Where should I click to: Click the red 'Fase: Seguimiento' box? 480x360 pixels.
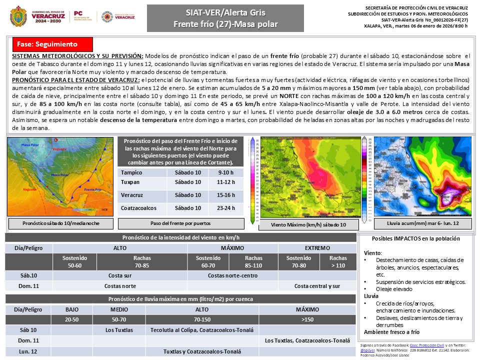click(x=51, y=44)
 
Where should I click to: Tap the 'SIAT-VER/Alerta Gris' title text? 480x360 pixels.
click(x=225, y=12)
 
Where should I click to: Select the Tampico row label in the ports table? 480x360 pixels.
click(x=132, y=172)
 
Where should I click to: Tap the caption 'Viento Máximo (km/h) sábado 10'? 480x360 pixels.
click(x=308, y=225)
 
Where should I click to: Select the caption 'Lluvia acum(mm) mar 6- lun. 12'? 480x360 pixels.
click(x=415, y=223)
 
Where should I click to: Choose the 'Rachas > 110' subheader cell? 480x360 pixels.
click(x=338, y=262)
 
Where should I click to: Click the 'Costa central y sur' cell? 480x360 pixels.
click(x=317, y=286)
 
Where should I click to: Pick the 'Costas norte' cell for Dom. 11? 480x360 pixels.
click(x=120, y=286)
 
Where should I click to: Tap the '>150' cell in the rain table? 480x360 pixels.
click(x=307, y=318)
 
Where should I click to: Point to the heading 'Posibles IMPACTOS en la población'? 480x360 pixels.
click(x=415, y=238)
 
